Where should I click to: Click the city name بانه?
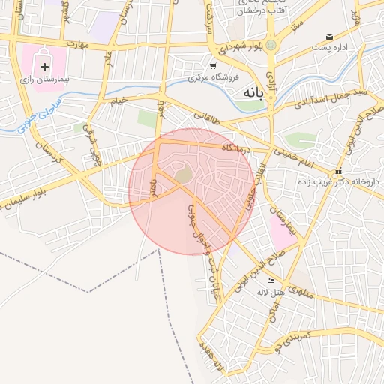tap(254, 91)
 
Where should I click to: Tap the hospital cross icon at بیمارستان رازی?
tap(44, 67)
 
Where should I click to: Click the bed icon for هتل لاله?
tap(271, 280)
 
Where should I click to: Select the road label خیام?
tap(120, 99)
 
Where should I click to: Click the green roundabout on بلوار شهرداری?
tap(271, 45)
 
